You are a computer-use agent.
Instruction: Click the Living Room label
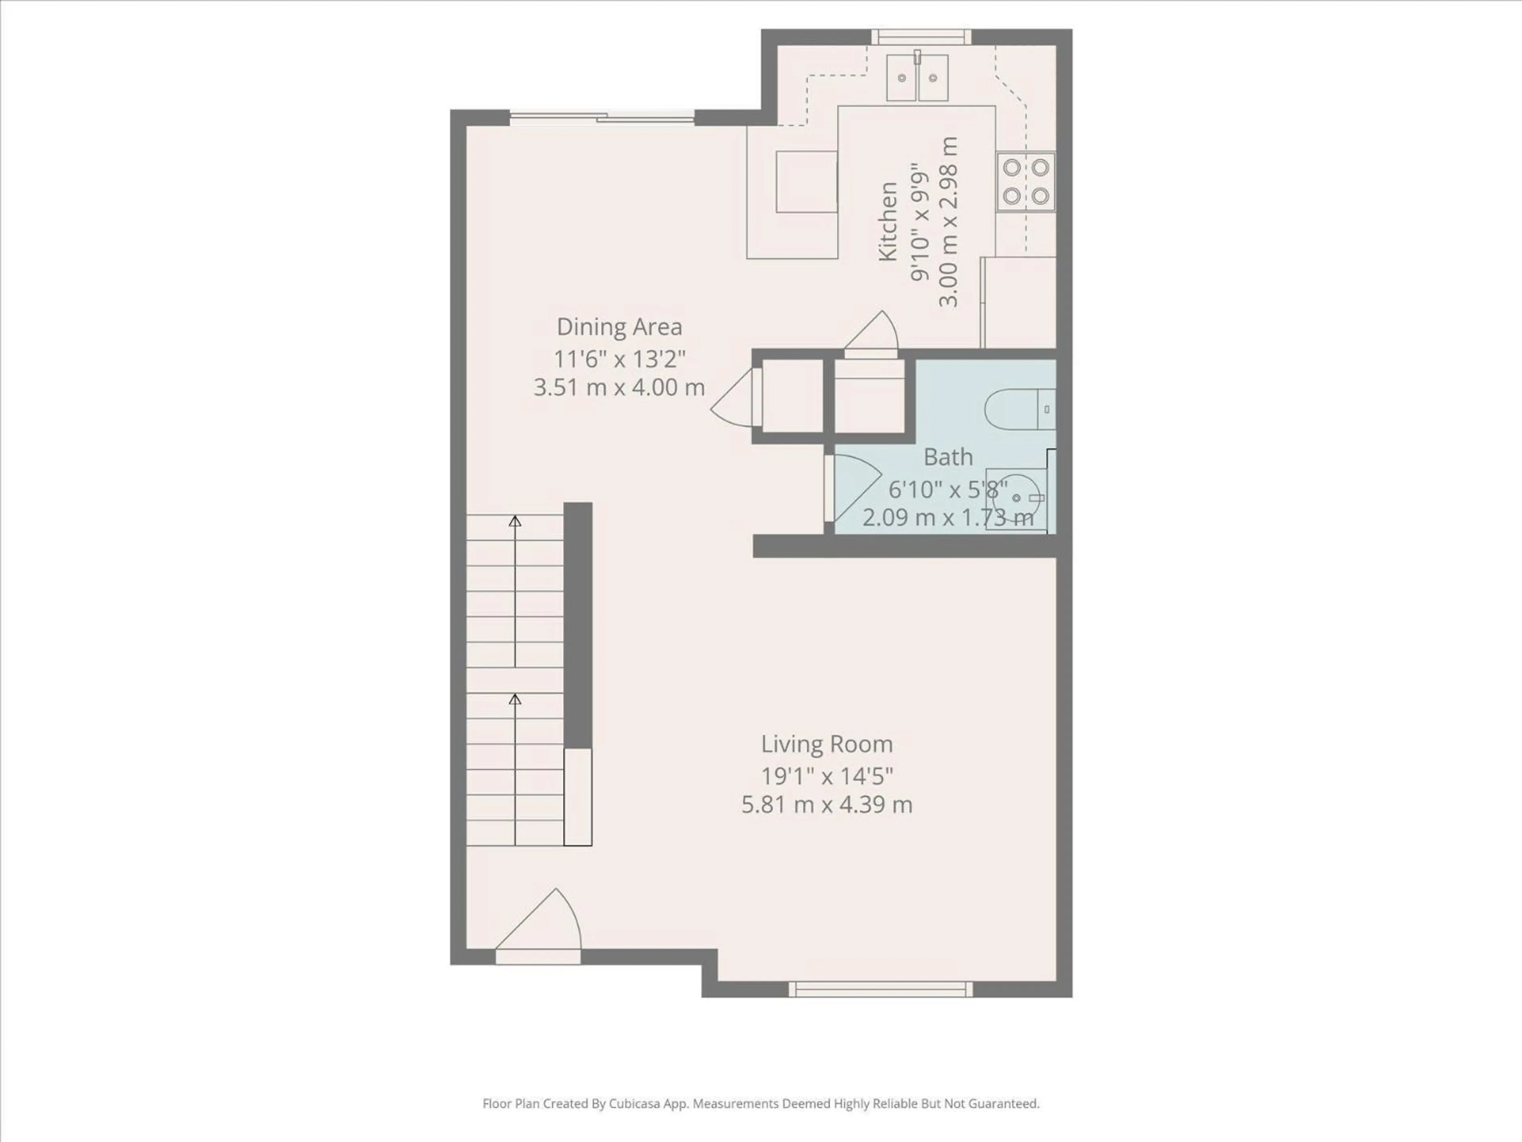[x=826, y=744]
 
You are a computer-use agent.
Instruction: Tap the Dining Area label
[x=619, y=327]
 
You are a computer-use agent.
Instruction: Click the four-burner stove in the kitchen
[x=1025, y=182]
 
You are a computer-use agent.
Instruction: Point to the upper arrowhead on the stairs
[x=515, y=521]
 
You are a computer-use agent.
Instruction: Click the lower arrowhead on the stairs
[x=515, y=699]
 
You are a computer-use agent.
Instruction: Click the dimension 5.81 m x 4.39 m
[x=826, y=805]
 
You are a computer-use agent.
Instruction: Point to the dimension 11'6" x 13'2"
[x=619, y=358]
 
